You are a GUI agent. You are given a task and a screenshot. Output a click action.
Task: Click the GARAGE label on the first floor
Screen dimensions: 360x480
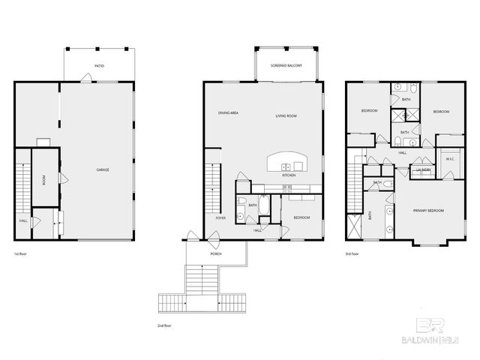tap(103, 170)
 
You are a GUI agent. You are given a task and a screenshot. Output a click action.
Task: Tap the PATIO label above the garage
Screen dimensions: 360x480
tap(99, 66)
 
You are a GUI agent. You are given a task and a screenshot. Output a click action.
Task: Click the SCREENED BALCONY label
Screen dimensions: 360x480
tap(286, 66)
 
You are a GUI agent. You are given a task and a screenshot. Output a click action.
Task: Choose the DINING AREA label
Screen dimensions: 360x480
tap(228, 112)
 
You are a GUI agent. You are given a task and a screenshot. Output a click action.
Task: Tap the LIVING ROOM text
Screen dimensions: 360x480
tap(286, 116)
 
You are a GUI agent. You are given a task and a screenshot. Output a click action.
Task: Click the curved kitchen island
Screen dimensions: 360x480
tap(288, 162)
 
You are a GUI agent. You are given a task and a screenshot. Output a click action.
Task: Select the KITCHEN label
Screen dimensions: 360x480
tap(289, 175)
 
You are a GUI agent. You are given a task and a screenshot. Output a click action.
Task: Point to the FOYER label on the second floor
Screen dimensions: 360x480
tap(220, 217)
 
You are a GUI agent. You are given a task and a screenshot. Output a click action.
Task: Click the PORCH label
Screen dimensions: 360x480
tap(216, 254)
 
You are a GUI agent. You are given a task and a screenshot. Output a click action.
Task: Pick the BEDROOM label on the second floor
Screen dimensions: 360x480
tap(301, 217)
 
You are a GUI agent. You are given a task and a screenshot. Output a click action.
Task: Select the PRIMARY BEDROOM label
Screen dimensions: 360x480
tap(428, 211)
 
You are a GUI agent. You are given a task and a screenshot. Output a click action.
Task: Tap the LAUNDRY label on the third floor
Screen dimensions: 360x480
tap(423, 170)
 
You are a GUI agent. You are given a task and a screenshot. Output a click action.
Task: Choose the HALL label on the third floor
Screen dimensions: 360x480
tap(403, 152)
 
